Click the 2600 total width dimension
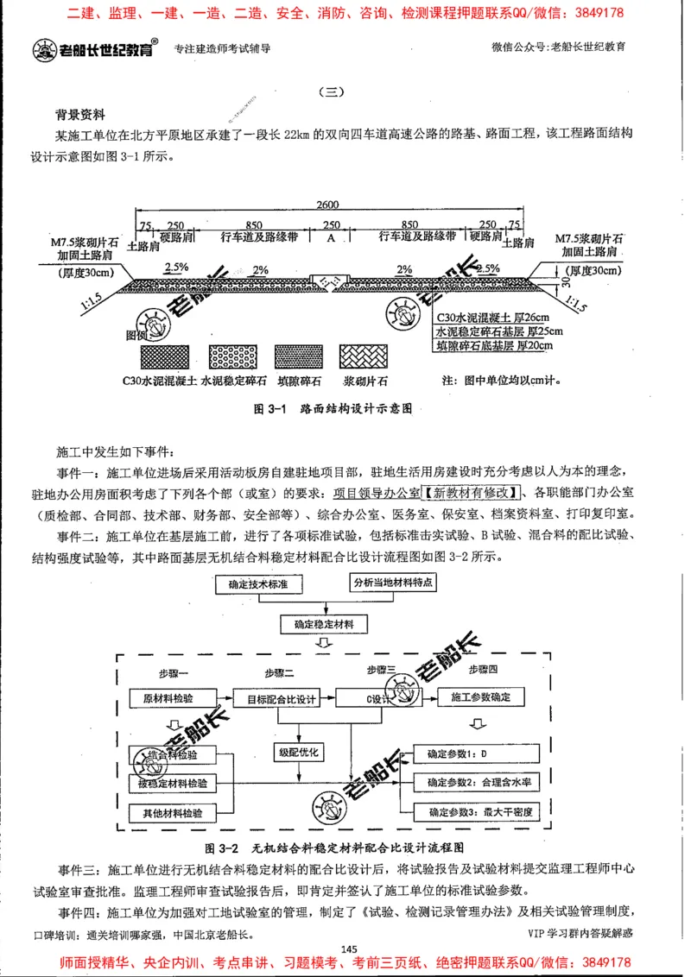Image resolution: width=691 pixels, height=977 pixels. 327,205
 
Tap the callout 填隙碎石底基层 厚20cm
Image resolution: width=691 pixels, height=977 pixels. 494,345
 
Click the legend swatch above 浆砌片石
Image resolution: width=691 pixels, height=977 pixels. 367,356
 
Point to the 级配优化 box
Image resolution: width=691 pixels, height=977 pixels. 298,752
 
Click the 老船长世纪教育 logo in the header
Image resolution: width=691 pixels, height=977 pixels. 95,49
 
